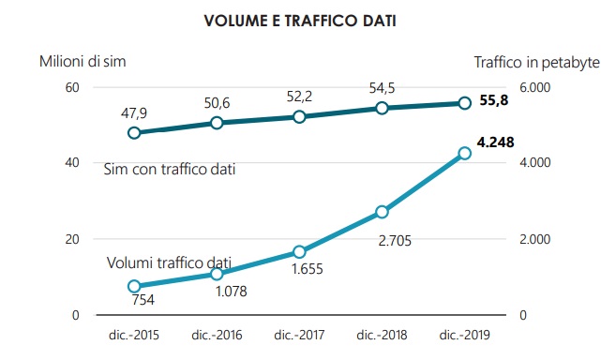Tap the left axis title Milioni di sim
point(83,62)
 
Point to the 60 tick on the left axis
point(70,87)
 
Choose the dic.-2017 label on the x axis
point(298,333)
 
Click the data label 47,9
point(134,112)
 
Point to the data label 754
point(143,301)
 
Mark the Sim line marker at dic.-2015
point(134,132)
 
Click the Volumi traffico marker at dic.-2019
point(464,153)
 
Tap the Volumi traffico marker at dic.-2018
point(382,212)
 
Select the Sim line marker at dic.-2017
point(299,116)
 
